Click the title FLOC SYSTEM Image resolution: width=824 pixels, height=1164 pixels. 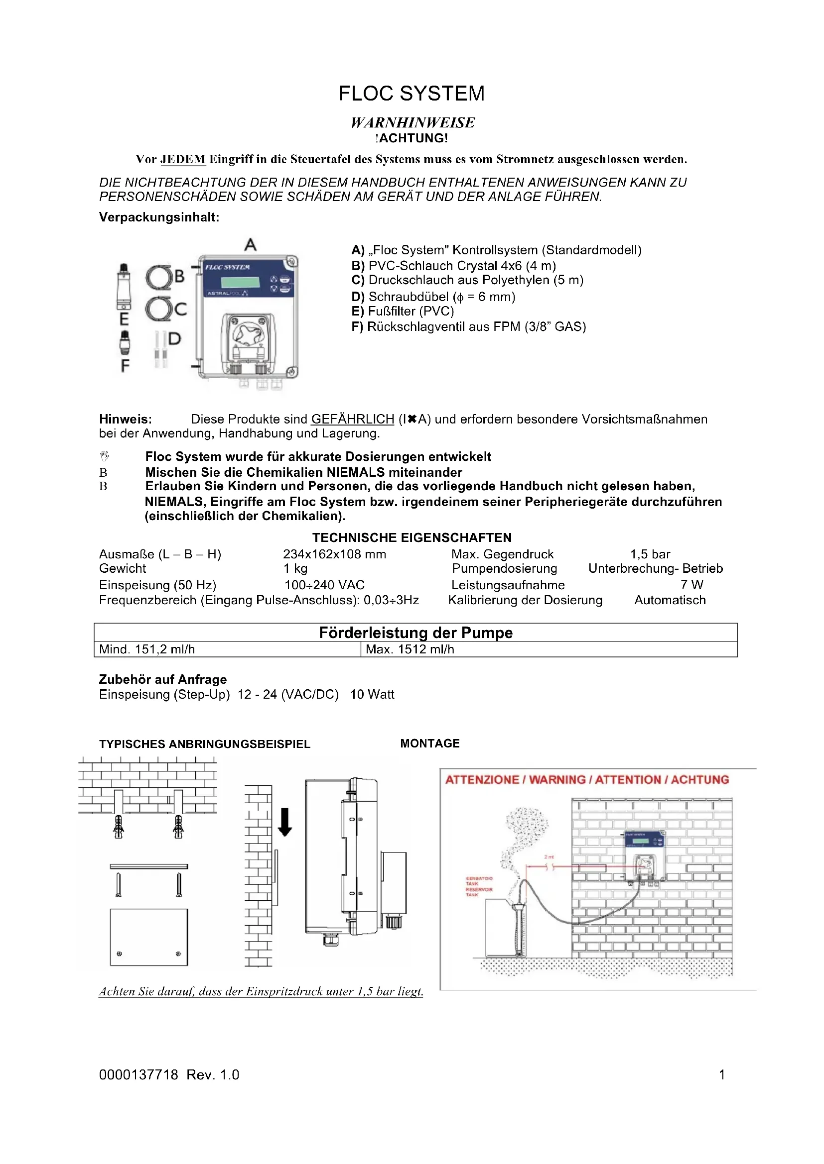[412, 94]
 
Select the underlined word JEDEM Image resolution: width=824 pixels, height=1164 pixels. [183, 159]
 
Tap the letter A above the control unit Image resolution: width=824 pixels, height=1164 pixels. [251, 245]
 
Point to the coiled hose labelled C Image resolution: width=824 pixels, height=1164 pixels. [159, 309]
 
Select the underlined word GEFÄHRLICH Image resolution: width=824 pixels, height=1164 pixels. [353, 419]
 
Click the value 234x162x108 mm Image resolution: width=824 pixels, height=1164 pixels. [334, 554]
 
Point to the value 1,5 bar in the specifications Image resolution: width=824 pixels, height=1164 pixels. [650, 554]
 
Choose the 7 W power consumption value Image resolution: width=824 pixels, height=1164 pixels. [691, 585]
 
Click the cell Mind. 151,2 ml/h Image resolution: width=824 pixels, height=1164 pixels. [147, 649]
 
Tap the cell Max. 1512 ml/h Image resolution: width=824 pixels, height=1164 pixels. [410, 649]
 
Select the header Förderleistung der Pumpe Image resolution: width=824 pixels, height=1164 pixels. [415, 633]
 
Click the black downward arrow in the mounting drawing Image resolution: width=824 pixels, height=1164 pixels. [285, 821]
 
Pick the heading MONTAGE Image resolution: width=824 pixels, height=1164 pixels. [430, 743]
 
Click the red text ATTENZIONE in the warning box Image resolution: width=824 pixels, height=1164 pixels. [482, 780]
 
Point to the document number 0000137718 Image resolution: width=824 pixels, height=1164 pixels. [138, 1074]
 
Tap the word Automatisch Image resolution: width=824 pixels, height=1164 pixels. [670, 600]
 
